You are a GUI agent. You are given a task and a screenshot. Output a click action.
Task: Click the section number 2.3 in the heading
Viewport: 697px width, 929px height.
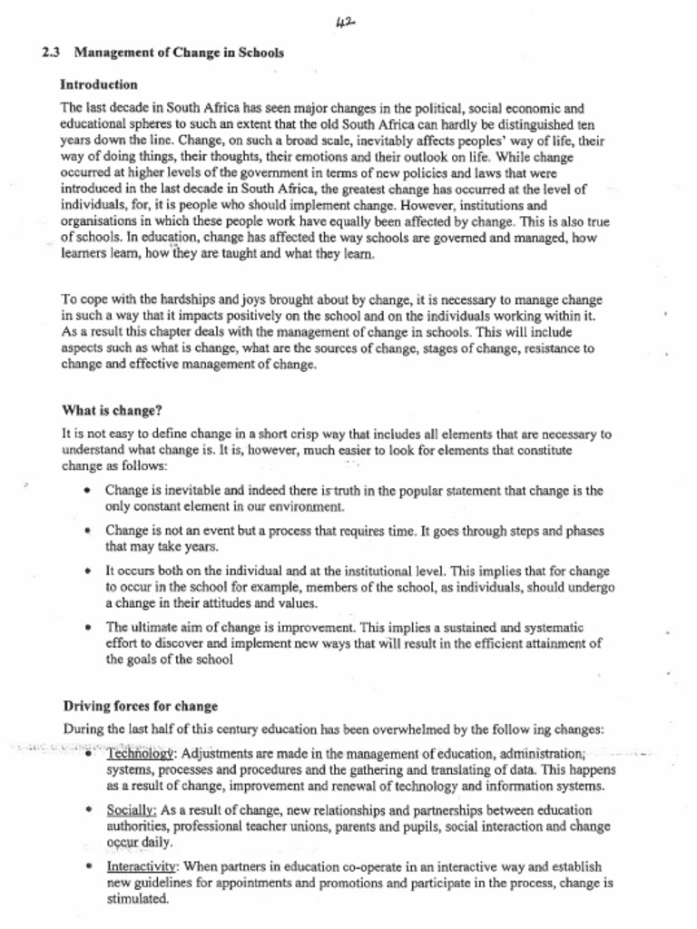[x=50, y=53]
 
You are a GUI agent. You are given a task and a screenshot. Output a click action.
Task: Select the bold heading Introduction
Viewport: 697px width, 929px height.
[x=98, y=84]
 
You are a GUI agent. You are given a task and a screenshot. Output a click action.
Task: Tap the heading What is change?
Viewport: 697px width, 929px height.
[x=112, y=409]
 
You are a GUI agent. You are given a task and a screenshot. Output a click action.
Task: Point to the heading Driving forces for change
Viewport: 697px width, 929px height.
[x=140, y=706]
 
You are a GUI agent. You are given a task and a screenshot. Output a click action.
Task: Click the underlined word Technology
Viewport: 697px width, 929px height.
[x=140, y=754]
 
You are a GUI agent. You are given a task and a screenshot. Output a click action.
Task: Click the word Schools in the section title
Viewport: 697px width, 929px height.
[x=260, y=53]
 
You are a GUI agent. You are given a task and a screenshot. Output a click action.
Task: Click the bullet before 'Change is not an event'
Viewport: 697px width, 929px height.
[x=86, y=531]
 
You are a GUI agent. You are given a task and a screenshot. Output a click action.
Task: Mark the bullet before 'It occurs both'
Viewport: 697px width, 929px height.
[x=86, y=572]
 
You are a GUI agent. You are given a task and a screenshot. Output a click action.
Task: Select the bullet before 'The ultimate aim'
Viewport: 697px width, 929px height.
[x=86, y=627]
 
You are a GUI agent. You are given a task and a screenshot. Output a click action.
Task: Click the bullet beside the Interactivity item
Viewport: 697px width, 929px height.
[x=86, y=865]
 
